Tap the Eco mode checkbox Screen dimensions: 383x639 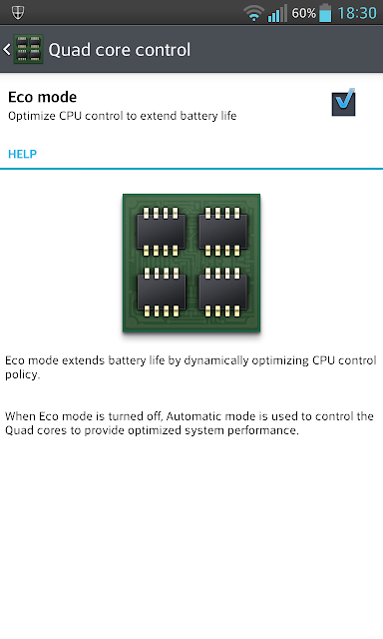pyautogui.click(x=343, y=102)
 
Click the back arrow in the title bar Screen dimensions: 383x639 pyautogui.click(x=7, y=50)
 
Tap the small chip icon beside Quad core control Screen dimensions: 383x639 pyautogui.click(x=29, y=49)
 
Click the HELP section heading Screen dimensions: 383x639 pyautogui.click(x=22, y=154)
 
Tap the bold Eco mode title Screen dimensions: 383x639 pyautogui.click(x=42, y=97)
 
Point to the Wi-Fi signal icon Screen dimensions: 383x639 pyautogui.click(x=253, y=14)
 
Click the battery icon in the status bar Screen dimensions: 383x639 pyautogui.click(x=325, y=13)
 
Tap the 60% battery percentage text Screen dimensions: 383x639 pyautogui.click(x=303, y=13)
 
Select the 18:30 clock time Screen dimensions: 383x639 pyautogui.click(x=357, y=13)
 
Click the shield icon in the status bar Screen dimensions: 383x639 pyautogui.click(x=18, y=13)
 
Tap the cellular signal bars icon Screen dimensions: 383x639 pyautogui.click(x=277, y=13)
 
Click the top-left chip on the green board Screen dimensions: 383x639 pyautogui.click(x=161, y=232)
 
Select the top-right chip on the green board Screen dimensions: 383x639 pyautogui.click(x=222, y=232)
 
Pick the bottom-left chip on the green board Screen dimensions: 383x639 pyautogui.click(x=161, y=293)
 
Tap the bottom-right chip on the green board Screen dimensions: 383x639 pyautogui.click(x=222, y=293)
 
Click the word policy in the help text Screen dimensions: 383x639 pyautogui.click(x=22, y=375)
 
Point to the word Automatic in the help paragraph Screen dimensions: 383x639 pyautogui.click(x=193, y=416)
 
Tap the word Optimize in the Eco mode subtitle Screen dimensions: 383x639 pyautogui.click(x=32, y=116)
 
